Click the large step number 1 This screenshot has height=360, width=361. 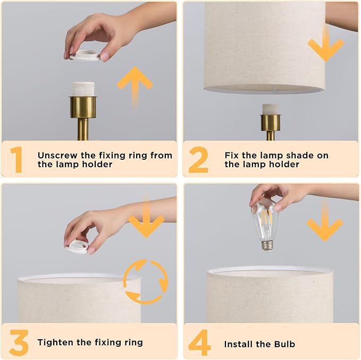16,159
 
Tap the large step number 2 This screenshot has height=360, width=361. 198,159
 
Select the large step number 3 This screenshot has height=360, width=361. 19,342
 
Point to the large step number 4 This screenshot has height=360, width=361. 199,342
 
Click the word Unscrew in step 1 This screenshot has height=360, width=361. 57,156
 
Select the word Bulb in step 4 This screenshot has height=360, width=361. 284,344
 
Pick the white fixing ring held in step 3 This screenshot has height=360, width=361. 78,246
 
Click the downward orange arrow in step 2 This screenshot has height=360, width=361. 326,44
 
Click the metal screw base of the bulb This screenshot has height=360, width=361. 267,246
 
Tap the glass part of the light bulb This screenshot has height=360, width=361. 265,221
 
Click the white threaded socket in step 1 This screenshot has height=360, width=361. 83,89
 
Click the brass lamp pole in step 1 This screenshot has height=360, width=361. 83,128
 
